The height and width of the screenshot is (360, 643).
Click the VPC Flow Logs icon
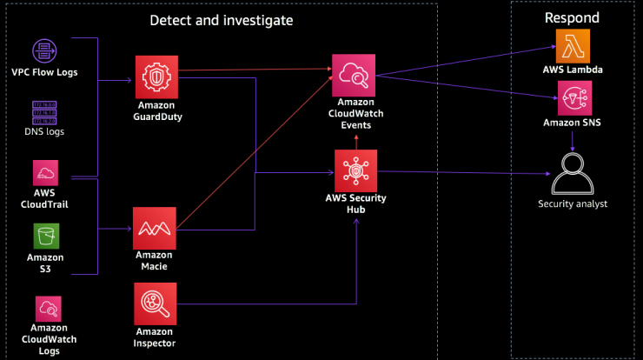[44, 51]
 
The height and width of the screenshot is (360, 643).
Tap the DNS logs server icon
[44, 113]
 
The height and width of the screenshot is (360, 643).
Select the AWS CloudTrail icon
[45, 173]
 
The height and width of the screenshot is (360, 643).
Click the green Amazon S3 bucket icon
[46, 236]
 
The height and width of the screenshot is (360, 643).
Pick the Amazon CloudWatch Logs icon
[49, 309]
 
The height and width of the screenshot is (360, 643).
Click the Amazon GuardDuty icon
[156, 77]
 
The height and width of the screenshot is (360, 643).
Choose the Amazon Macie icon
[154, 228]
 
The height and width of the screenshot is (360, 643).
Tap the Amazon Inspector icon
[155, 303]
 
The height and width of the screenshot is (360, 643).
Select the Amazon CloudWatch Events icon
[354, 76]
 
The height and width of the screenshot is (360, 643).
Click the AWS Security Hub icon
[356, 170]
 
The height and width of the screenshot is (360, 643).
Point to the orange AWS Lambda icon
[573, 46]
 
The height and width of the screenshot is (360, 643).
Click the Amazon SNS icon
[574, 98]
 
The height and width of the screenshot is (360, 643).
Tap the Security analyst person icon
[573, 174]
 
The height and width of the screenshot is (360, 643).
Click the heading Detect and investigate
[222, 21]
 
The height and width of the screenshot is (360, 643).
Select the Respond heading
[572, 17]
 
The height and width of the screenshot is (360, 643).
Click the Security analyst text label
[573, 204]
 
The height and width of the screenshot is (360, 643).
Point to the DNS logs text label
[44, 132]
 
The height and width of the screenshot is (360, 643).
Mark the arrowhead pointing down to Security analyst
[573, 148]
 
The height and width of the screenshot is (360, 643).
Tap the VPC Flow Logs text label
[44, 72]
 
